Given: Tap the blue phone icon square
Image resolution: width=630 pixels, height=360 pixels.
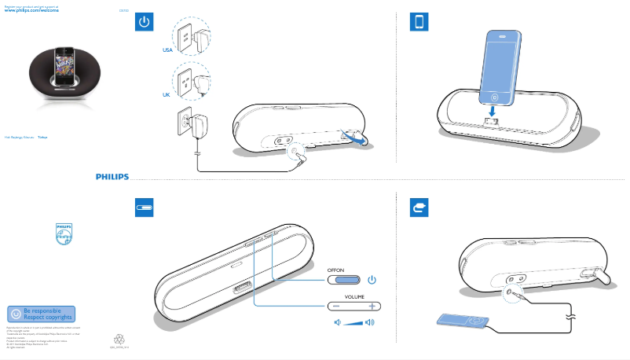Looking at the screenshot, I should [419, 22].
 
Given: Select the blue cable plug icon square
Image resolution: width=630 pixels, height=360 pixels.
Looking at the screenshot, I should [419, 208].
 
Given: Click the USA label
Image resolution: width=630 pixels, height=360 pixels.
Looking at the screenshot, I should [167, 50].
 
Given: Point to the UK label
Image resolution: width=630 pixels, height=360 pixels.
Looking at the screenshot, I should [167, 94].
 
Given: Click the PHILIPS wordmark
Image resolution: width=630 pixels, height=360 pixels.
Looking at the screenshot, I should [107, 177].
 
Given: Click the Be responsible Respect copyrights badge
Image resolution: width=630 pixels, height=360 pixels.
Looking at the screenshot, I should [41, 313].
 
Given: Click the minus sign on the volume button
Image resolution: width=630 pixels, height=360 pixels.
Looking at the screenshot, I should [335, 306].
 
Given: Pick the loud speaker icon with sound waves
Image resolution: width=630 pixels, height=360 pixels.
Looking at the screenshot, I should [370, 323].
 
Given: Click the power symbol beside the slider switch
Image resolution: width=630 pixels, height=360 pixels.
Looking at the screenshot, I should [372, 279].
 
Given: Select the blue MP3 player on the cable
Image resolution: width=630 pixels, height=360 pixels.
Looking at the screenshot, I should [462, 321].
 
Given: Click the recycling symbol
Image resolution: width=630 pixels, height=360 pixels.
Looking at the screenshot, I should [119, 340].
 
